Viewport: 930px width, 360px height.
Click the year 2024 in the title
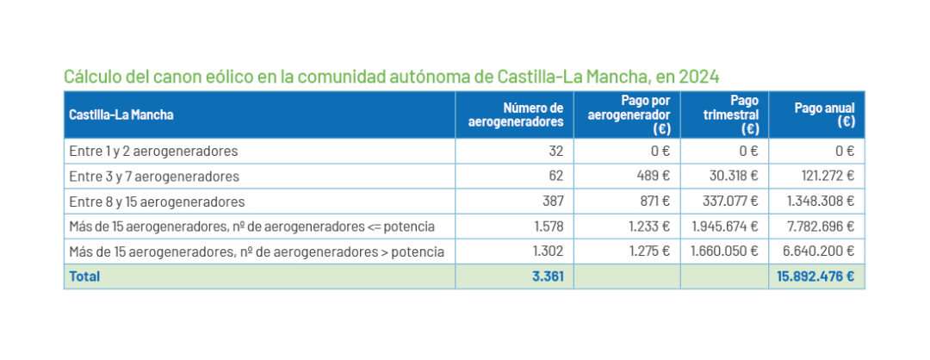(x=698, y=77)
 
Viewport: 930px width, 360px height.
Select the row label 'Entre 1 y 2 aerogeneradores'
(x=152, y=152)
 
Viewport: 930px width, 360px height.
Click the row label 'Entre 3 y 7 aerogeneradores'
(x=153, y=177)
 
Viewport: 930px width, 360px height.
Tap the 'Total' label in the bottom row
(x=84, y=276)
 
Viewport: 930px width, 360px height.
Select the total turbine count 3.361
(x=547, y=276)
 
